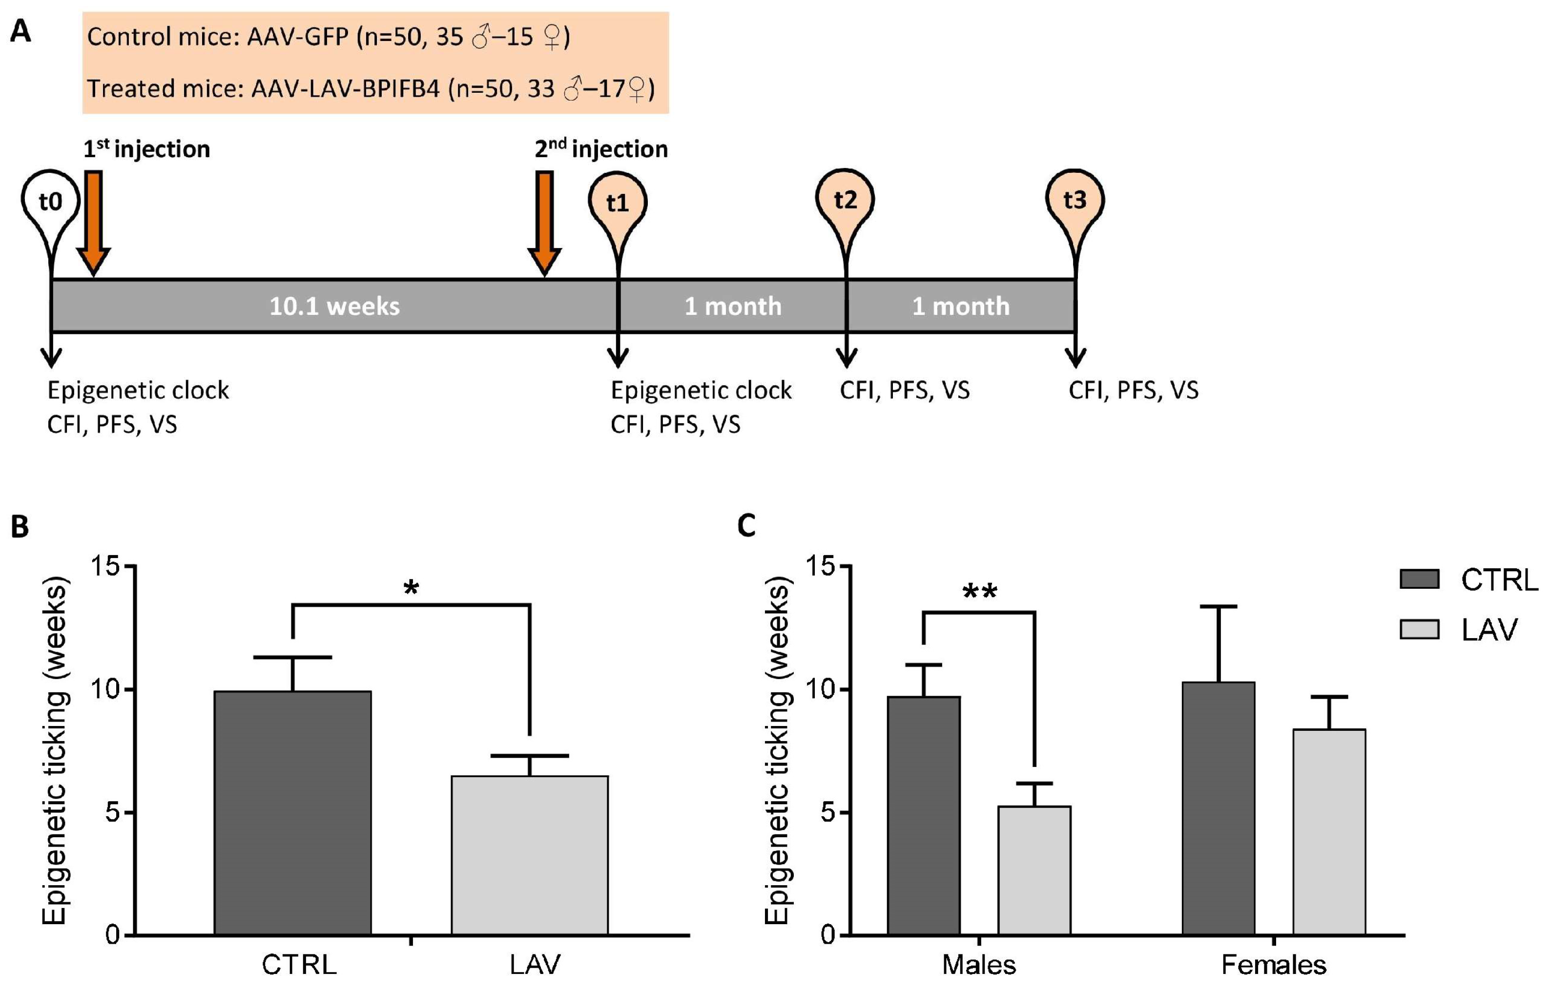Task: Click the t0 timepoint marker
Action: pyautogui.click(x=50, y=201)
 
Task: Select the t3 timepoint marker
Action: pyautogui.click(x=1074, y=200)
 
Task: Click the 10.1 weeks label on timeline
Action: pyautogui.click(x=334, y=306)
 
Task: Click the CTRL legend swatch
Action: pyautogui.click(x=1419, y=579)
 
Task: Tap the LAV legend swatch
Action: pyautogui.click(x=1419, y=629)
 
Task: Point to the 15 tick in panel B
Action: pyautogui.click(x=106, y=566)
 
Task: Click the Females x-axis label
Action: pyautogui.click(x=1273, y=964)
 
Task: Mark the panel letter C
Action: pyautogui.click(x=746, y=526)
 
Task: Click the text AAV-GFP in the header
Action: pyautogui.click(x=297, y=37)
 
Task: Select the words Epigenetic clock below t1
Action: pyautogui.click(x=701, y=391)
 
